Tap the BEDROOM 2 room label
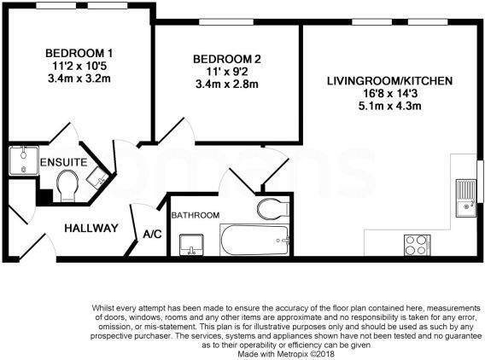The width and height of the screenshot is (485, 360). pyautogui.click(x=221, y=59)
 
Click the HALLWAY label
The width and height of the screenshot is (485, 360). pyautogui.click(x=91, y=228)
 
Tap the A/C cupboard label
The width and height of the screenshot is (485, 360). pyautogui.click(x=153, y=234)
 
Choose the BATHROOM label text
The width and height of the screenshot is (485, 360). pyautogui.click(x=196, y=215)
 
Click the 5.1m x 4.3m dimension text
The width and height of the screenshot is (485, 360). pyautogui.click(x=389, y=107)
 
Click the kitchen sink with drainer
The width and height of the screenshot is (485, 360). pyautogui.click(x=465, y=198)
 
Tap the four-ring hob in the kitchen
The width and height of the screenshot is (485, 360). pyautogui.click(x=416, y=244)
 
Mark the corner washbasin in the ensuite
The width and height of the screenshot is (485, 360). pyautogui.click(x=98, y=179)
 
